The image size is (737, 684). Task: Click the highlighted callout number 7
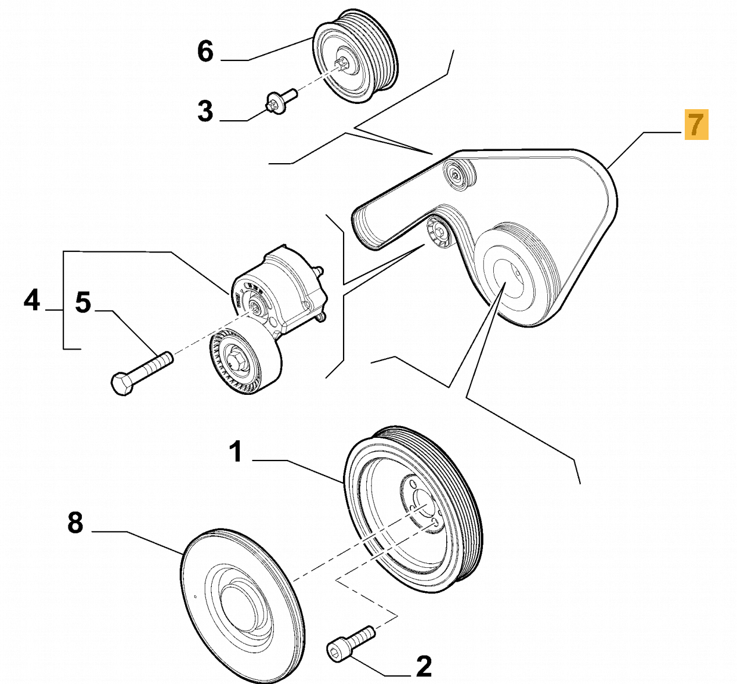coord(696,124)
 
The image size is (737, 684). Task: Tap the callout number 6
coord(205,52)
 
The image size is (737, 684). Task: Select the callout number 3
coord(205,111)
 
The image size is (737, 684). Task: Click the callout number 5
coord(83,303)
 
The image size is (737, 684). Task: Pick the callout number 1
coord(235,452)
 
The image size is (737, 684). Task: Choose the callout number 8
coord(75,523)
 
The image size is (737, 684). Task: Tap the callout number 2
coord(424,667)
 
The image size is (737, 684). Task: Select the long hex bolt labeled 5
coord(142,370)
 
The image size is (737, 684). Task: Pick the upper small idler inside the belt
coord(458,174)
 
